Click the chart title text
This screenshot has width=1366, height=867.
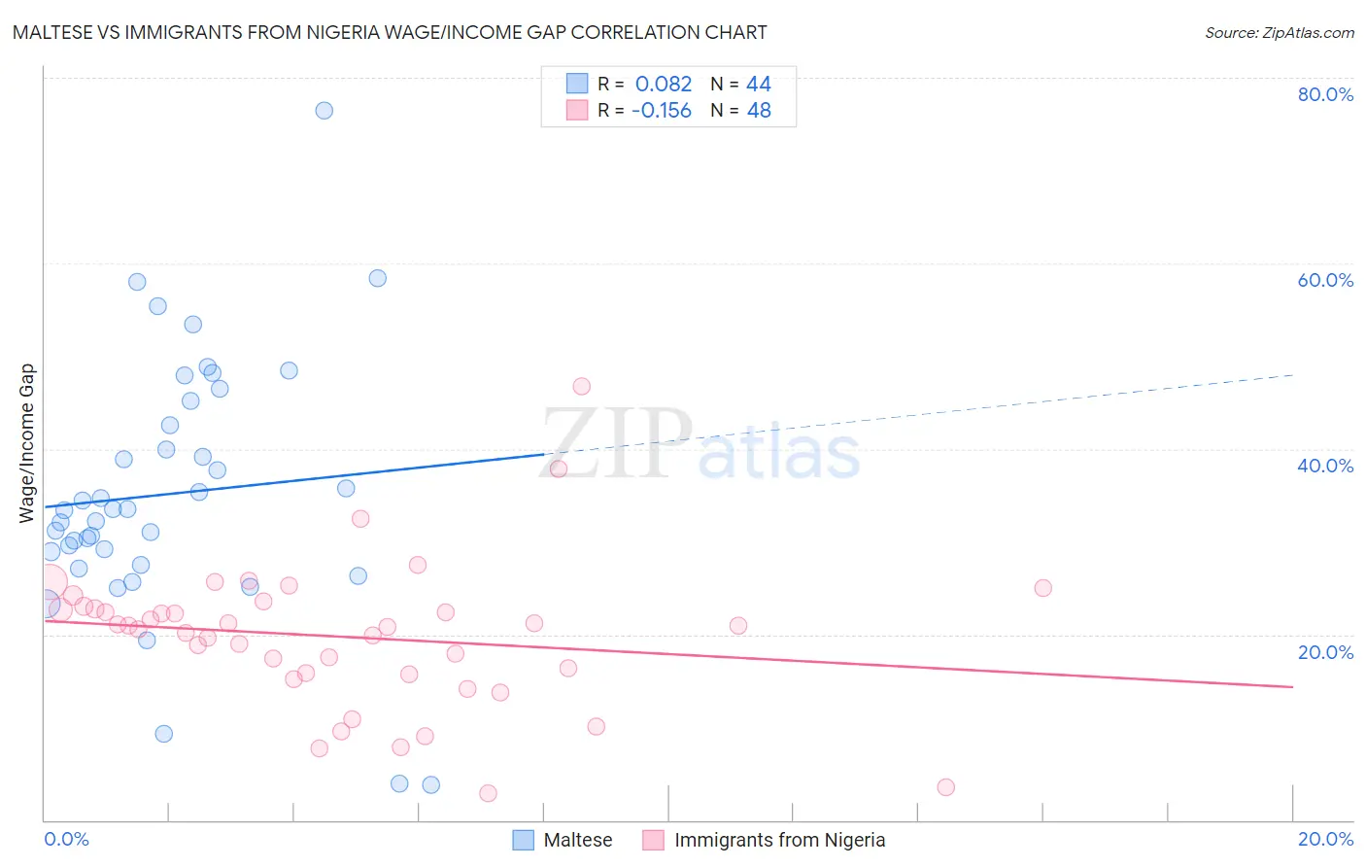tap(390, 33)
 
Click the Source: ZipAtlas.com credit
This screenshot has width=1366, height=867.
tap(1279, 33)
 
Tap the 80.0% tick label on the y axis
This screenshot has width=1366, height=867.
tap(1325, 94)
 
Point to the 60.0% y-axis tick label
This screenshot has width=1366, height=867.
tap(1325, 280)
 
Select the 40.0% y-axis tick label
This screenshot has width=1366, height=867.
tap(1325, 466)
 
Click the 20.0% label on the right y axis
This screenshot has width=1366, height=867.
tap(1325, 652)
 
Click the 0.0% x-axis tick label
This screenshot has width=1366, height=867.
tap(66, 839)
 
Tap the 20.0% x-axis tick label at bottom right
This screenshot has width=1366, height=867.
tap(1325, 839)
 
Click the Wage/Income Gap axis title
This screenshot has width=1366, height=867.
tap(27, 443)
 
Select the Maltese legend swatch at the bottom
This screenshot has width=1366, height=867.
tap(524, 840)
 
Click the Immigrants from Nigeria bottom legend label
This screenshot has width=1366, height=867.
tap(779, 840)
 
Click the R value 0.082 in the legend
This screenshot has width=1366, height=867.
tap(664, 85)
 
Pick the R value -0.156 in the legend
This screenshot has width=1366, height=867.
tap(661, 111)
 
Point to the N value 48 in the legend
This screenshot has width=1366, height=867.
tap(759, 111)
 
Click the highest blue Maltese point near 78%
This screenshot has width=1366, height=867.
tap(324, 111)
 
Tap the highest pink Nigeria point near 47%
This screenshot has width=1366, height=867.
tap(581, 386)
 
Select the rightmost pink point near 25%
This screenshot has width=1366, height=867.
tap(1042, 587)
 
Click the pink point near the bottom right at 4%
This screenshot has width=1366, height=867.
tap(945, 787)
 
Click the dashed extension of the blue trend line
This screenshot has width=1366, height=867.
tap(923, 413)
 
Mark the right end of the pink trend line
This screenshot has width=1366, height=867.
tap(1291, 687)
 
